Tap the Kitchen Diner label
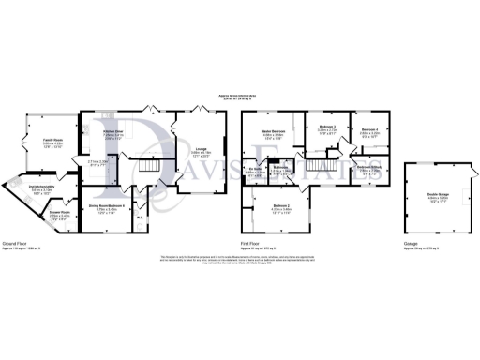(x=113, y=135)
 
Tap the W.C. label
(x=140, y=221)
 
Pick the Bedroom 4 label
(x=368, y=131)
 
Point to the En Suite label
(x=255, y=172)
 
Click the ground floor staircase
(x=147, y=168)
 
